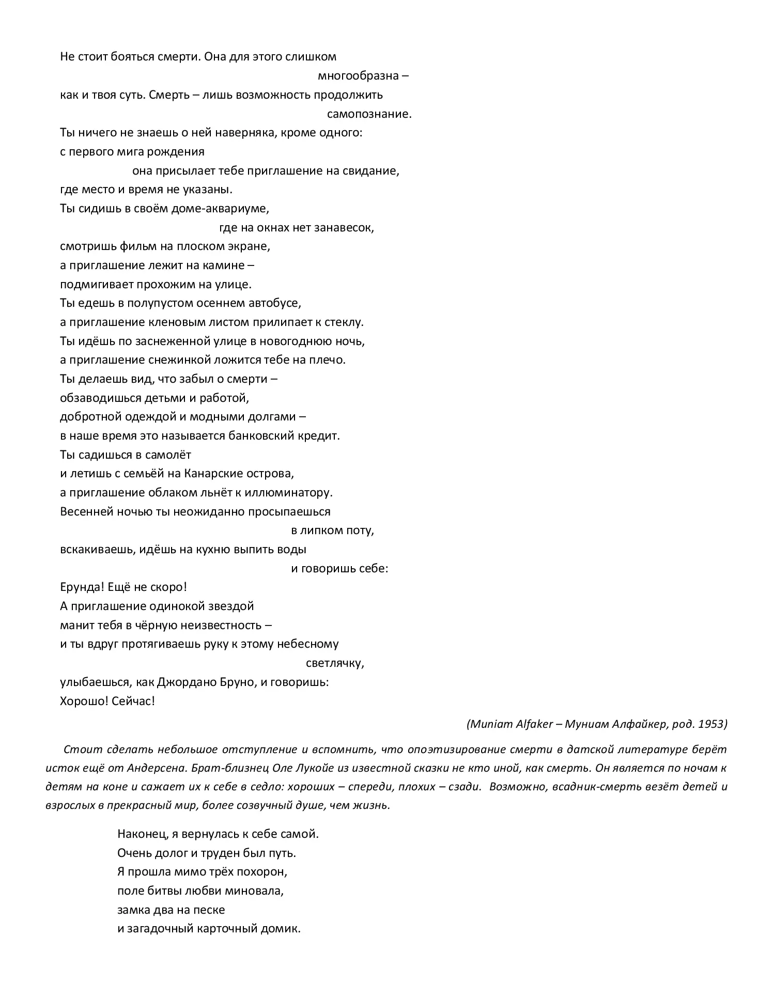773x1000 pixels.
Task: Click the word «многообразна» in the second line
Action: (358, 76)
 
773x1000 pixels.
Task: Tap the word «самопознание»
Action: (369, 114)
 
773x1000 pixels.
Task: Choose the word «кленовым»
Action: (172, 322)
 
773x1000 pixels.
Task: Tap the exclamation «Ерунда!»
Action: (83, 587)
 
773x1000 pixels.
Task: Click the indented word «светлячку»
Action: (335, 663)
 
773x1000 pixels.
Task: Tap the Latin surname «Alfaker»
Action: (534, 724)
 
